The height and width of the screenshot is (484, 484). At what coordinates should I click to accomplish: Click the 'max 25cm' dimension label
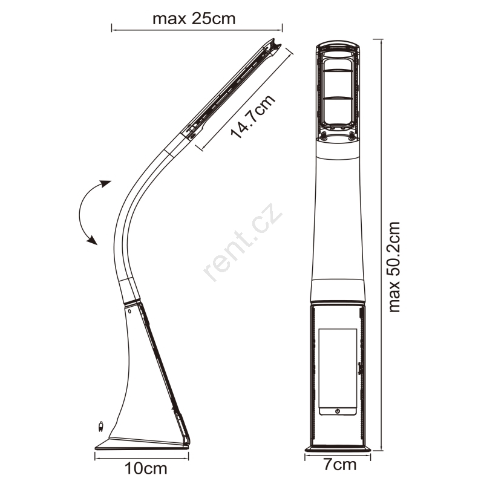(x=194, y=19)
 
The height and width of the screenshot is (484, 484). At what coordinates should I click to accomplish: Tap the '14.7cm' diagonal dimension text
(x=253, y=116)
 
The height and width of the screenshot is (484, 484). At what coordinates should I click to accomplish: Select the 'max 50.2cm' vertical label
(x=394, y=267)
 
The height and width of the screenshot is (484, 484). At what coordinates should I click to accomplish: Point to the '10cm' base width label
(x=146, y=468)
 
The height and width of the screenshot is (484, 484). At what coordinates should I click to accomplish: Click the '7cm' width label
(x=339, y=464)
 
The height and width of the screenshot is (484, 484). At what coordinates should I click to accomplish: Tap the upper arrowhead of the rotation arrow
(x=106, y=184)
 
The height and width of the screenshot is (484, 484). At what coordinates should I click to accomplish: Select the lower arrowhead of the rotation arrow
(x=93, y=240)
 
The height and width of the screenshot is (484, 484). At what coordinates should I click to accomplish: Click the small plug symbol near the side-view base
(x=100, y=426)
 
